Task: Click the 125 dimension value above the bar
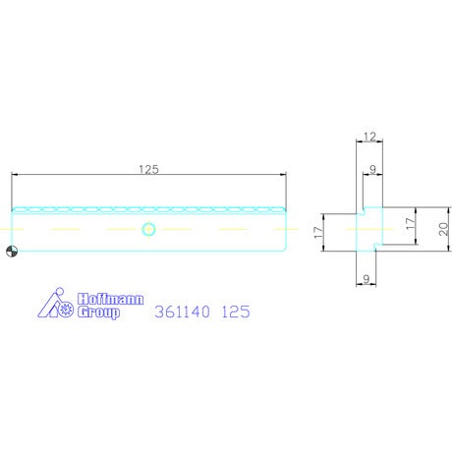tap(148, 169)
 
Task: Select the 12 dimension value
tap(369, 137)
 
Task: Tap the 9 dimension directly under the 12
tap(372, 169)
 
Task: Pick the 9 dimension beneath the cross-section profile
tap(367, 279)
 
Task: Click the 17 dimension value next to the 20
tap(410, 224)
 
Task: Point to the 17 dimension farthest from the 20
tap(318, 232)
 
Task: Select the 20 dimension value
tap(443, 229)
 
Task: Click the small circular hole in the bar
tap(148, 229)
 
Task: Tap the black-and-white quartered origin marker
tap(12, 252)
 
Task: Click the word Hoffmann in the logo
tap(111, 299)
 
